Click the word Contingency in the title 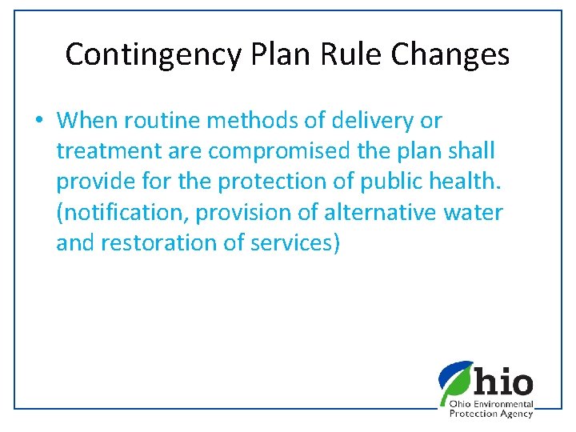pyautogui.click(x=153, y=55)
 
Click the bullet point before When pyautogui.click(x=38, y=121)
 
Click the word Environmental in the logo pyautogui.click(x=506, y=405)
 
